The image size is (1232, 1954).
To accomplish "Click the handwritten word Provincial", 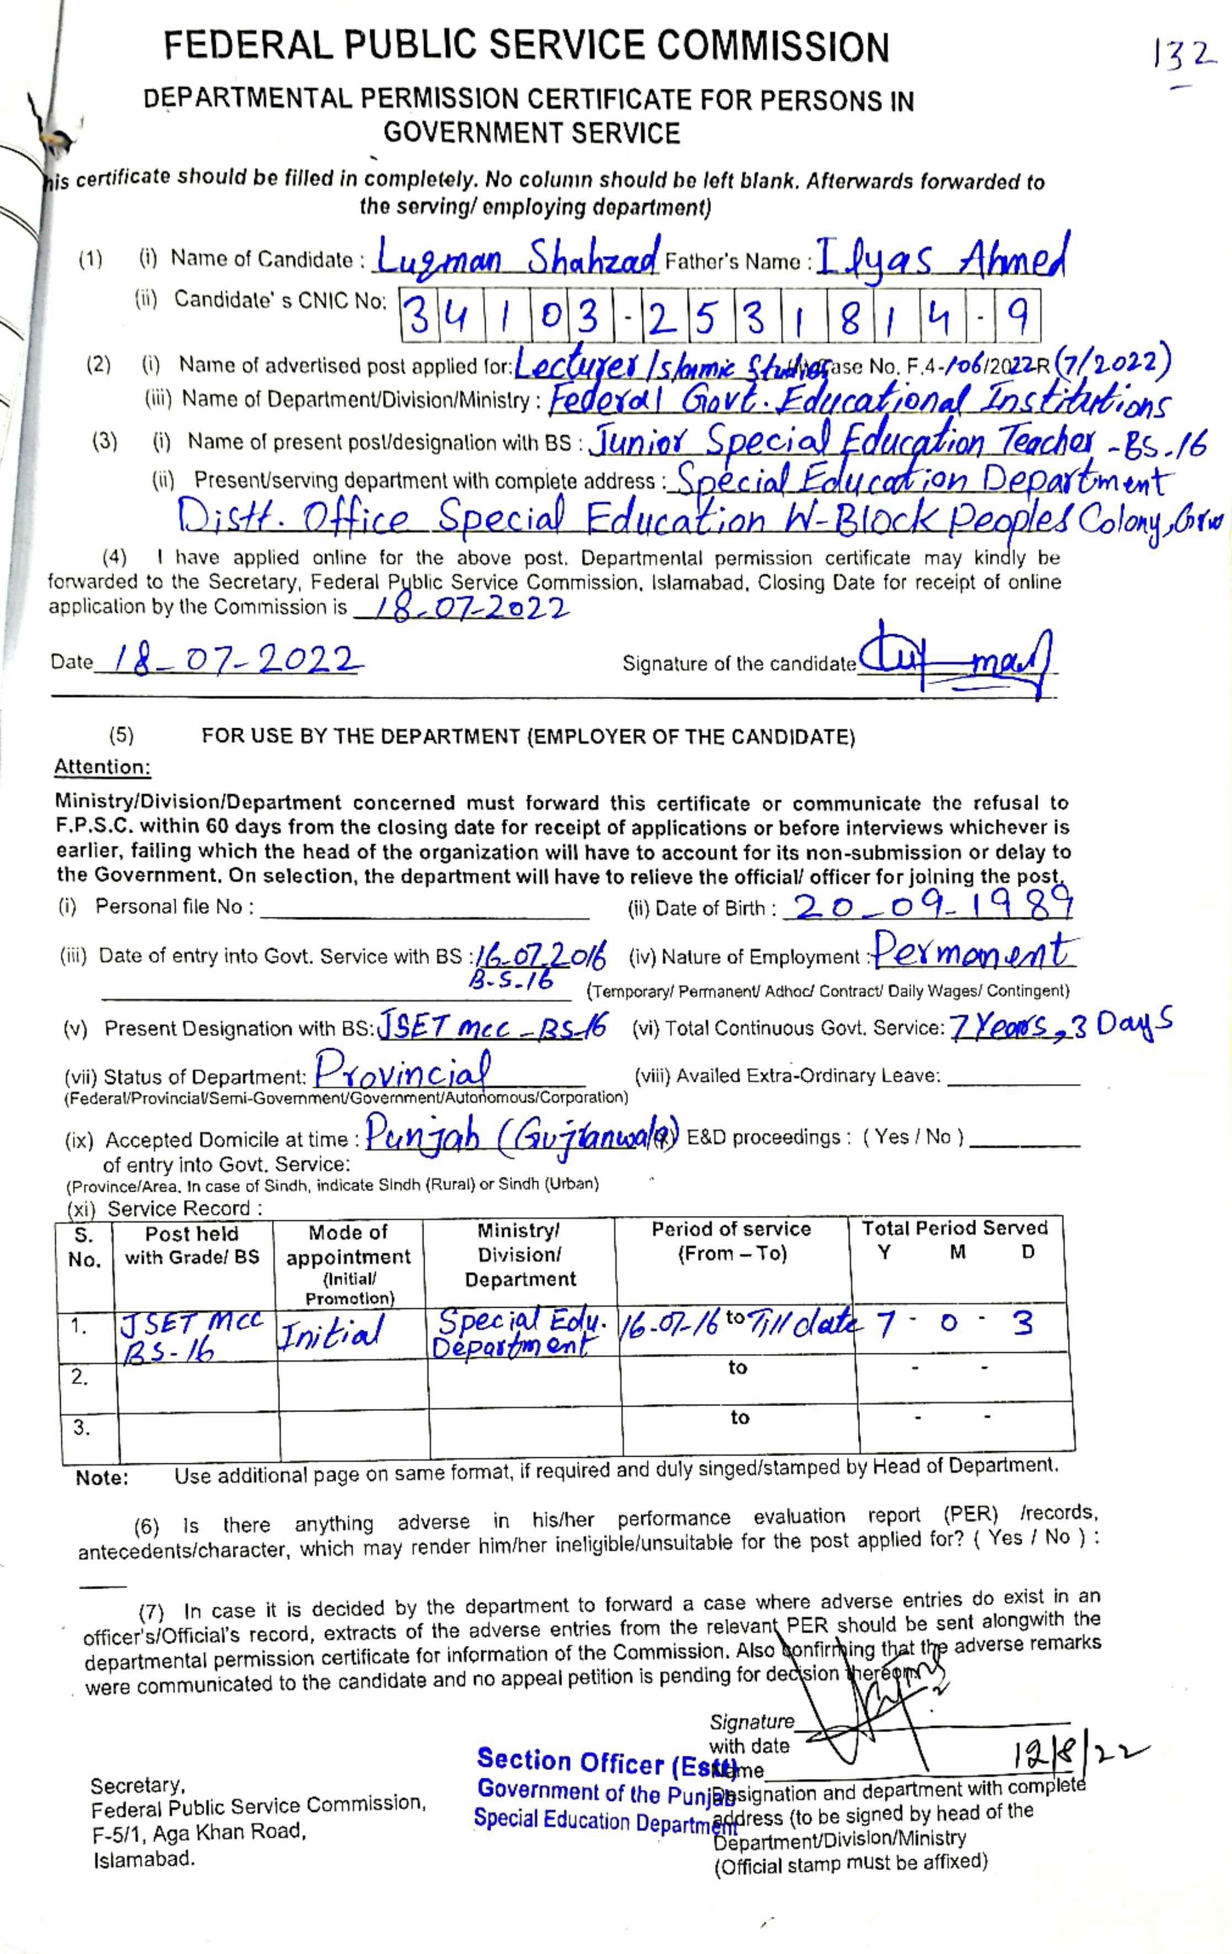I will click(402, 1072).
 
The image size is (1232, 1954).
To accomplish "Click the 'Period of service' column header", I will click(731, 1241).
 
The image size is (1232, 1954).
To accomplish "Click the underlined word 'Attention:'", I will click(102, 767).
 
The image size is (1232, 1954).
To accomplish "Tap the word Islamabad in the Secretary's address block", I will click(144, 1859).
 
